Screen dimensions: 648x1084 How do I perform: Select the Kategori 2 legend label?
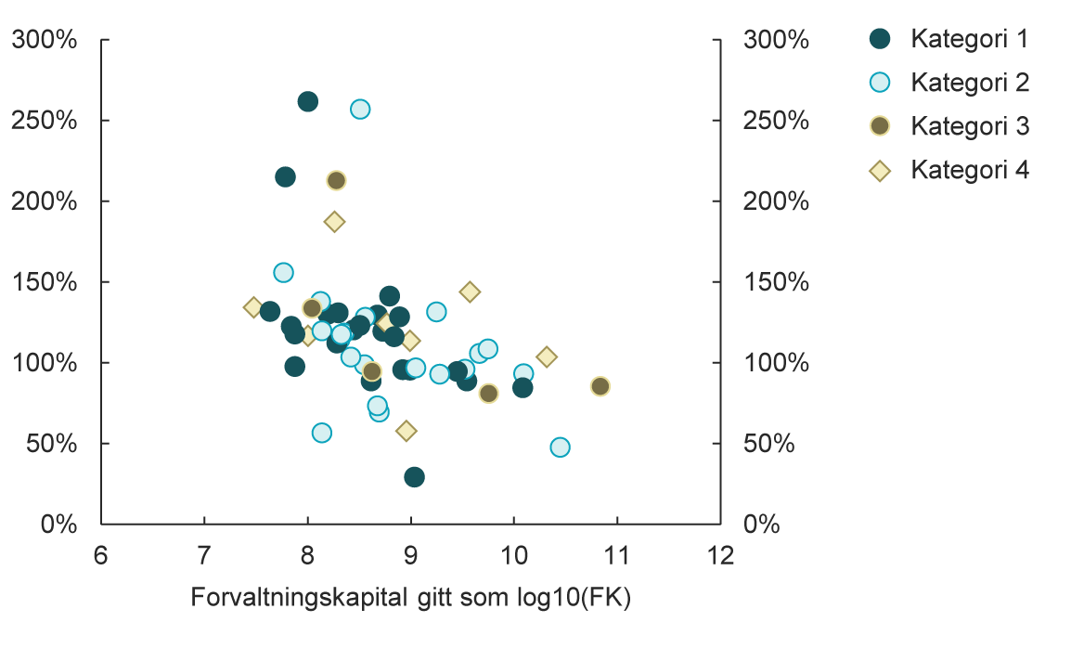click(x=969, y=83)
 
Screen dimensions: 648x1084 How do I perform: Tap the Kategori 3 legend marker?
click(x=880, y=126)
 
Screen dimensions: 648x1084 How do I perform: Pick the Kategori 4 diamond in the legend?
click(x=880, y=170)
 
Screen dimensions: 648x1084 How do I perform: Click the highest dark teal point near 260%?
click(x=308, y=101)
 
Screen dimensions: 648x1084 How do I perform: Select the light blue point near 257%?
click(x=360, y=109)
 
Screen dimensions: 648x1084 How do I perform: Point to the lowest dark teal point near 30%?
click(x=414, y=477)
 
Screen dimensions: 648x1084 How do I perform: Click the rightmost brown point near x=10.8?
click(x=600, y=386)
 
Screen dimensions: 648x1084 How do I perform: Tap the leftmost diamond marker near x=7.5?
click(x=253, y=307)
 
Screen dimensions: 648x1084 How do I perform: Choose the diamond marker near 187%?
click(x=335, y=222)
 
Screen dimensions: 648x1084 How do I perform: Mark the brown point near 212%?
click(x=336, y=180)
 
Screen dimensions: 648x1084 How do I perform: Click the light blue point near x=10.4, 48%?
click(x=560, y=447)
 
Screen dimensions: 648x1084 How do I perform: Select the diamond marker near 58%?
click(x=406, y=431)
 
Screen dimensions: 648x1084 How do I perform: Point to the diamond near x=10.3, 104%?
click(x=547, y=356)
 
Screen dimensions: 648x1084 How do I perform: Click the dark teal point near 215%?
click(x=285, y=176)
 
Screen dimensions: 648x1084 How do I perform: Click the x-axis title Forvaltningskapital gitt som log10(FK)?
click(x=410, y=599)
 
